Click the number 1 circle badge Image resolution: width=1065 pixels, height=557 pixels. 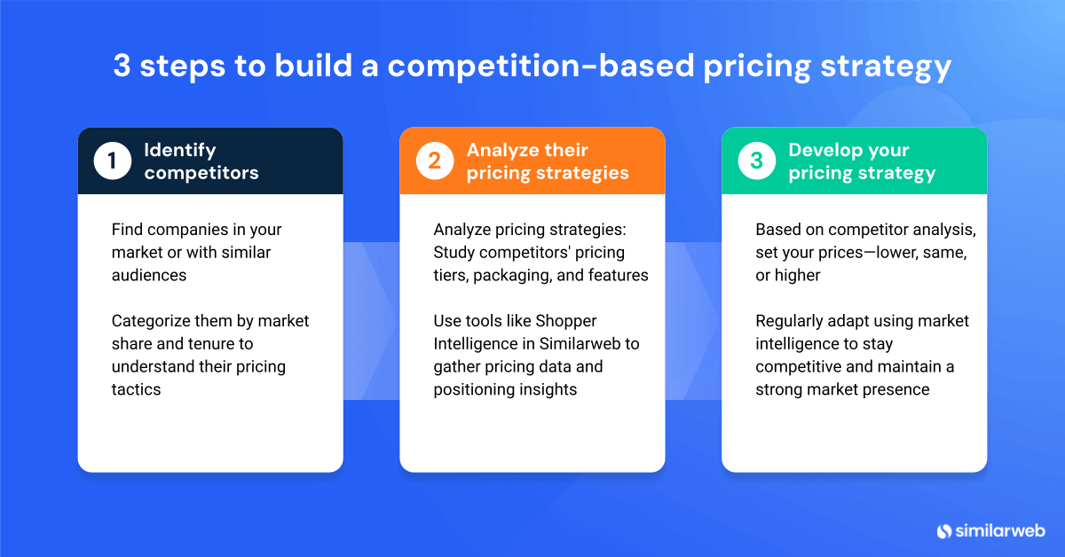pyautogui.click(x=113, y=161)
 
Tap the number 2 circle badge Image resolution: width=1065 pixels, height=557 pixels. pyautogui.click(x=435, y=161)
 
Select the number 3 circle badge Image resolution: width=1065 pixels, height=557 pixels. pyautogui.click(x=757, y=161)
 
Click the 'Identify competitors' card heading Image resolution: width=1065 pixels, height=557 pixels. pyautogui.click(x=201, y=161)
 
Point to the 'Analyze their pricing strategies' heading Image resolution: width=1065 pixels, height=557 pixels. pyautogui.click(x=548, y=161)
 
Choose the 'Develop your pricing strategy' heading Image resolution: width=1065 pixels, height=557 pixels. pyautogui.click(x=862, y=161)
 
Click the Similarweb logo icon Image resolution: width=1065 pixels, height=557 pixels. pyautogui.click(x=943, y=530)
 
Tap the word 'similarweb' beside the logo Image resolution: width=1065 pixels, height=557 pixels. pyautogui.click(x=1000, y=530)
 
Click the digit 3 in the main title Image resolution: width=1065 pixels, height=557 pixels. pyautogui.click(x=122, y=67)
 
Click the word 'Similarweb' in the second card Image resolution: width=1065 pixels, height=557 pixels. pyautogui.click(x=578, y=343)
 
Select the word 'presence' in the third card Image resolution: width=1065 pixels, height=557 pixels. pyautogui.click(x=897, y=389)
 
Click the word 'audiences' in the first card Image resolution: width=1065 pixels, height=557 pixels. pyautogui.click(x=149, y=275)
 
